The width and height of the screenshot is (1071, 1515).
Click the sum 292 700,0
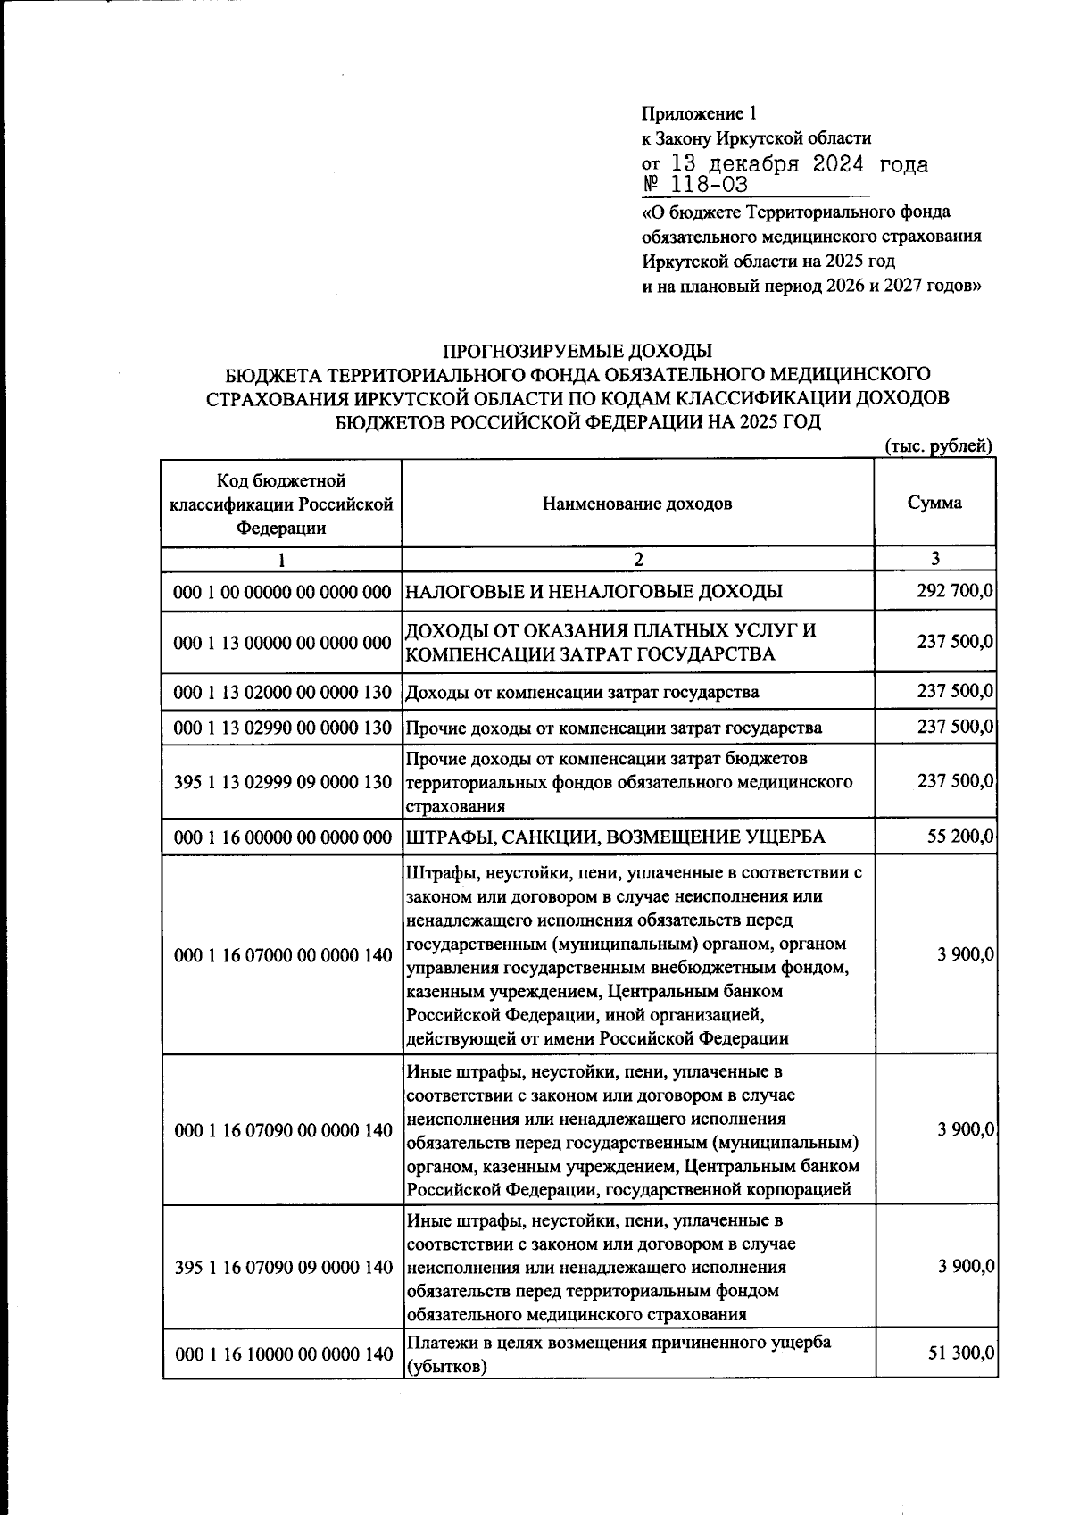coord(955,591)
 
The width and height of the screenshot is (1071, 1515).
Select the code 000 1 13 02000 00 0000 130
coord(282,692)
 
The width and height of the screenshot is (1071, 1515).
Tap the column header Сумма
coord(934,503)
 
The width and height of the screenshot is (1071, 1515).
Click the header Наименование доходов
coord(636,504)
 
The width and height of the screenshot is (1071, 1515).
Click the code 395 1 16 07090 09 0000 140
coord(282,1268)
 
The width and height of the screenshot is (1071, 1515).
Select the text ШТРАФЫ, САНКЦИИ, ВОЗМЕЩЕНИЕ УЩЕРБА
coord(615,837)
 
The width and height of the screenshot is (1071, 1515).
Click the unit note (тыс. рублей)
coord(938,445)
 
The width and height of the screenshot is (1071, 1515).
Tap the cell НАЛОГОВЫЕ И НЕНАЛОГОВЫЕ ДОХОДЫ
coord(594,591)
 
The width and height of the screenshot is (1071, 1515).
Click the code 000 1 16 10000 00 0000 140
coord(282,1354)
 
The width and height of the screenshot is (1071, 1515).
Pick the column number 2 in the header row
coord(637,560)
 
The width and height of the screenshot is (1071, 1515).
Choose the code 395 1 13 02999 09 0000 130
coord(282,782)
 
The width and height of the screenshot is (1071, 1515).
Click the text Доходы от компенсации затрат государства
coord(583,692)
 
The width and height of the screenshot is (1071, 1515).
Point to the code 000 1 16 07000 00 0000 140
coord(282,955)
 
